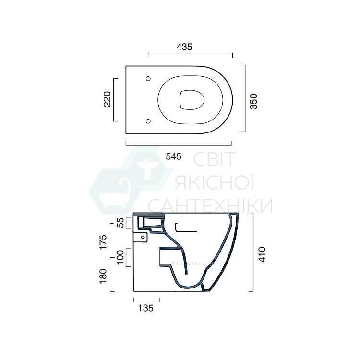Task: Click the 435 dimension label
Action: [x=184, y=47]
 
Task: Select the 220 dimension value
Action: [x=107, y=99]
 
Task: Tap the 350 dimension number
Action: [x=254, y=101]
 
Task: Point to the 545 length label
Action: [x=174, y=156]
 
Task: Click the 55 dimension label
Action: [x=120, y=222]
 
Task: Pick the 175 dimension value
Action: [x=103, y=242]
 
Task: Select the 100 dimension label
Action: [x=120, y=257]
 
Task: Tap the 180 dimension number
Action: [x=103, y=276]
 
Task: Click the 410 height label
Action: [x=262, y=254]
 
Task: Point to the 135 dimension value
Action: [x=145, y=308]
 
